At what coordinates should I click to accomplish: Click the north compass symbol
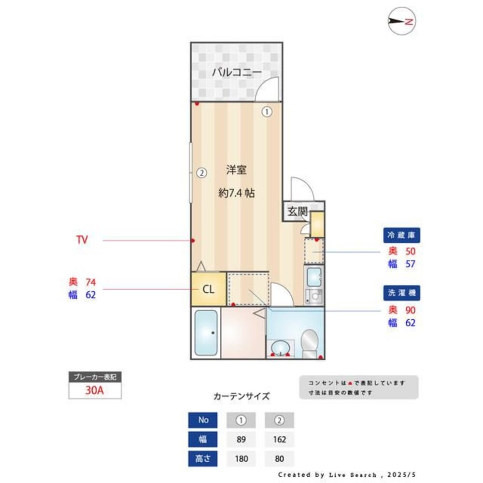tap(402, 21)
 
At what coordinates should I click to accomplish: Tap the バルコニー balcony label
tap(237, 73)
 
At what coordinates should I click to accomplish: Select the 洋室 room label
tap(237, 170)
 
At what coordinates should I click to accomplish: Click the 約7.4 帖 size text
tap(236, 193)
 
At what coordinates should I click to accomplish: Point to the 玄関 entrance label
tap(298, 211)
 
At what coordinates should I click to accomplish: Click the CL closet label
tap(208, 290)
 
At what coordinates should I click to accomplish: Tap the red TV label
tap(82, 240)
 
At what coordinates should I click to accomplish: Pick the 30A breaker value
tap(95, 391)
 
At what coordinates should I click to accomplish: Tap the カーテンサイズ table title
tap(241, 397)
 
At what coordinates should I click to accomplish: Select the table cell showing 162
tap(279, 440)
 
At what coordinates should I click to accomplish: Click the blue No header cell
tap(203, 420)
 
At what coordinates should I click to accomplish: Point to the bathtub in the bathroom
tap(206, 333)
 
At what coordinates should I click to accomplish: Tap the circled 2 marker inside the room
tap(201, 172)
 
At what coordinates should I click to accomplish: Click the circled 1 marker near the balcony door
tap(267, 112)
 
